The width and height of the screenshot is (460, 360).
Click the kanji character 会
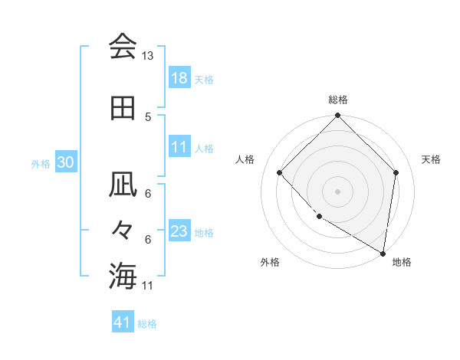(x=123, y=47)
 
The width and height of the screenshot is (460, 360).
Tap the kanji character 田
(x=123, y=108)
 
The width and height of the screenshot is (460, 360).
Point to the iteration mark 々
(x=123, y=230)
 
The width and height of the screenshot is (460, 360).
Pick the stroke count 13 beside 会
(x=147, y=56)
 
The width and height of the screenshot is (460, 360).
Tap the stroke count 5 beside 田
(x=148, y=116)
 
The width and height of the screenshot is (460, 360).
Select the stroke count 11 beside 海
(x=148, y=286)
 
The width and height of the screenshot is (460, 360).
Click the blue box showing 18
(x=179, y=78)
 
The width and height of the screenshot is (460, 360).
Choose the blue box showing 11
(x=179, y=147)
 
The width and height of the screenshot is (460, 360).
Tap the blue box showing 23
(x=179, y=231)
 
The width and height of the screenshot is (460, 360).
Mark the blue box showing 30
(x=65, y=162)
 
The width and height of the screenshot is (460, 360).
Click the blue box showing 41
(x=123, y=322)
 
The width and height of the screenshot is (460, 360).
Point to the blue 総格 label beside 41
(x=148, y=324)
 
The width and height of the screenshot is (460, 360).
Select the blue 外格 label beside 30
(x=41, y=163)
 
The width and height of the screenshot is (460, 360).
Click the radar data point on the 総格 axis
(x=337, y=116)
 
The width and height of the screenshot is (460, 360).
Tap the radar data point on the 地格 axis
(x=383, y=252)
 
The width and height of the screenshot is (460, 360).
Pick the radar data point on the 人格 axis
(x=280, y=172)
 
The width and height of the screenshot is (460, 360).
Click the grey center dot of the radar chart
(x=337, y=191)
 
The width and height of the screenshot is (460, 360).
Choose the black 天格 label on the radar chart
(x=431, y=159)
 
